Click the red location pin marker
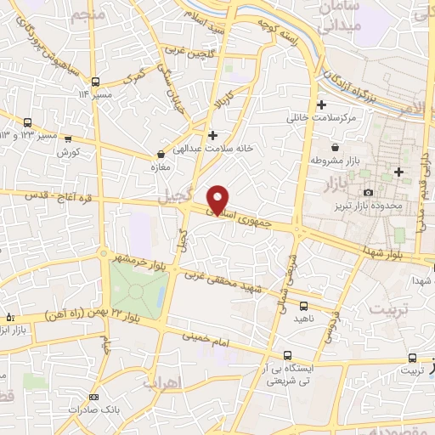tap(218, 198)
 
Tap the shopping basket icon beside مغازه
tap(161, 154)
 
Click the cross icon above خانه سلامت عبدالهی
tap(212, 134)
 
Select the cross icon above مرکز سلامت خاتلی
tap(322, 105)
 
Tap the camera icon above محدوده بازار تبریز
tap(370, 172)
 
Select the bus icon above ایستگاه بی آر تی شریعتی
tap(288, 354)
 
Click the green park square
tap(135, 291)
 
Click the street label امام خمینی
tap(202, 337)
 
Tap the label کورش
tap(68, 152)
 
